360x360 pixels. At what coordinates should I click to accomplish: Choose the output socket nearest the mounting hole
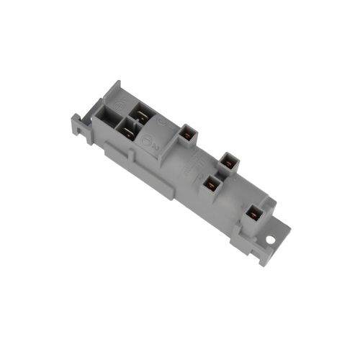(255, 212)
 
